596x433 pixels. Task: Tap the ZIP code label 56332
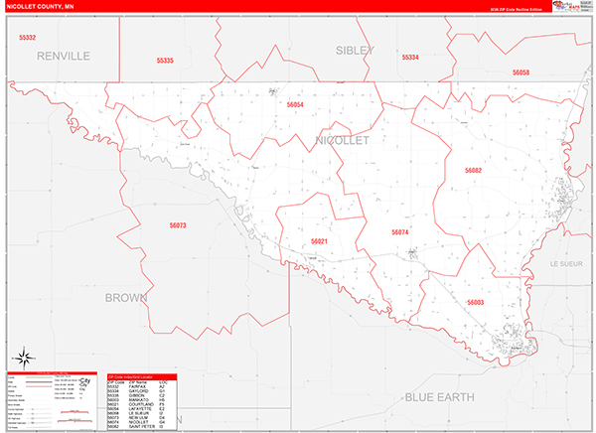tap(27, 38)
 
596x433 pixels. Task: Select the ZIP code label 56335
tap(165, 61)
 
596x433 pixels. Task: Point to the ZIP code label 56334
tap(410, 58)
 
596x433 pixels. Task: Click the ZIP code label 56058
tap(521, 72)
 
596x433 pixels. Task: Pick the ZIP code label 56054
tap(294, 104)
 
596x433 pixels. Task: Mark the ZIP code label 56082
tap(473, 171)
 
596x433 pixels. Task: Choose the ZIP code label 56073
tap(178, 225)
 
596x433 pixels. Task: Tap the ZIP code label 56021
tap(319, 241)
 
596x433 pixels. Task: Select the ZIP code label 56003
tap(475, 302)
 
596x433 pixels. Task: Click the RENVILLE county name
tap(64, 56)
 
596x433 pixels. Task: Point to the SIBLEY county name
tap(354, 50)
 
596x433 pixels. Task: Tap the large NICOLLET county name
tap(342, 140)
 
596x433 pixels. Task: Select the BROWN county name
tap(126, 297)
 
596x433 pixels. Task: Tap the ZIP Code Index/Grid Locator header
tap(141, 378)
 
